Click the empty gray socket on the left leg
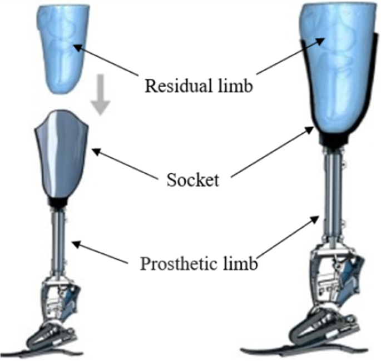pyautogui.click(x=61, y=153)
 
